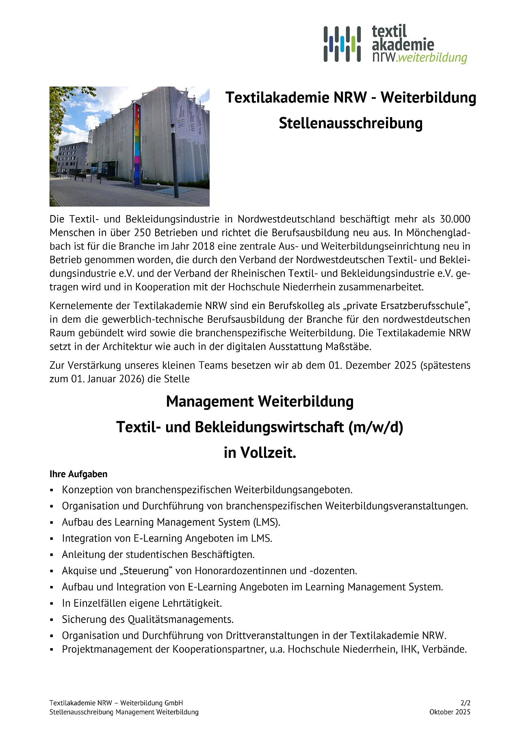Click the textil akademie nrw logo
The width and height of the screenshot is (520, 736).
tap(395, 44)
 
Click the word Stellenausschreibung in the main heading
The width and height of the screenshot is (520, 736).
tap(351, 123)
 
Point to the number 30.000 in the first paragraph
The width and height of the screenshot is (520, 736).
tap(455, 219)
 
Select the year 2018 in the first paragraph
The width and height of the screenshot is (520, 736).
tap(203, 246)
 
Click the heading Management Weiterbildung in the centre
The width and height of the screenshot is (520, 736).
tap(260, 402)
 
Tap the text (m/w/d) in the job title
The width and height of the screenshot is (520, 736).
tap(375, 427)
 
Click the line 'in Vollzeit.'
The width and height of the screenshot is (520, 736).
tap(260, 453)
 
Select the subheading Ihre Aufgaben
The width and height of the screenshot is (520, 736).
tap(78, 474)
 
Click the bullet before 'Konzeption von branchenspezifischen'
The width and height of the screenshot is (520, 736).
tap(52, 490)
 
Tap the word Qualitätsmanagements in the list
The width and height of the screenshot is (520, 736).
tap(181, 620)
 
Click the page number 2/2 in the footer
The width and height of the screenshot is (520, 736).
tap(466, 703)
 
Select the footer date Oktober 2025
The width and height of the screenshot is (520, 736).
tap(450, 712)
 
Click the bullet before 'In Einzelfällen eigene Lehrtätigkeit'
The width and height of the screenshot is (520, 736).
tap(52, 604)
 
